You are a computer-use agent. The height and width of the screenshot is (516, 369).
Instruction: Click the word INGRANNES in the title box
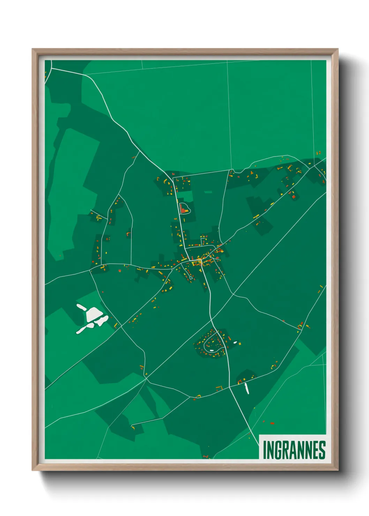click(294, 450)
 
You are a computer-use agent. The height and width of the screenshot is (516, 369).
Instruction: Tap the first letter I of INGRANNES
click(264, 450)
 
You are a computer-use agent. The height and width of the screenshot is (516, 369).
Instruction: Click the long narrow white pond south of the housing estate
click(247, 388)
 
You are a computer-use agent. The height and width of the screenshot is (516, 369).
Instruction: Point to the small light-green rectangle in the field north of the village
click(208, 192)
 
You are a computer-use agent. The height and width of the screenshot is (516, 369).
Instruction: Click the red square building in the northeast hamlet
click(293, 197)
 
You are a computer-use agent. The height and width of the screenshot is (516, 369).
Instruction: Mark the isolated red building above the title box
click(272, 423)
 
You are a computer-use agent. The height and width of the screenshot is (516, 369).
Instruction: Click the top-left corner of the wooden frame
click(32, 50)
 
